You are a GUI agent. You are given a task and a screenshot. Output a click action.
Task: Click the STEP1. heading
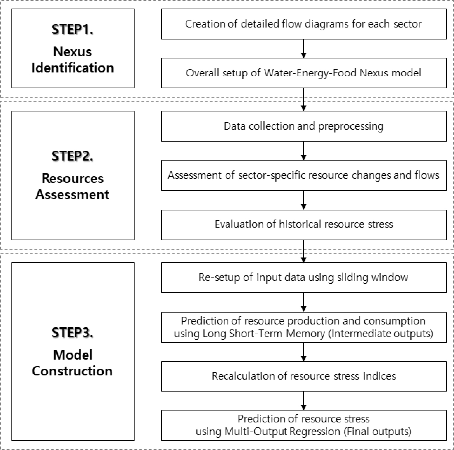click(72, 30)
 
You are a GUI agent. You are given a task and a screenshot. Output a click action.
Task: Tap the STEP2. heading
click(72, 156)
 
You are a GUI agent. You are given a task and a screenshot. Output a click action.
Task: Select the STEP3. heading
click(72, 332)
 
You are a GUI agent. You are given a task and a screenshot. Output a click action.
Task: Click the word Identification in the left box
click(73, 68)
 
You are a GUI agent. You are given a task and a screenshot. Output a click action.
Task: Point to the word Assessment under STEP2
click(72, 194)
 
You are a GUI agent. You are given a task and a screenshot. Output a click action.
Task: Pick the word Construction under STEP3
click(72, 371)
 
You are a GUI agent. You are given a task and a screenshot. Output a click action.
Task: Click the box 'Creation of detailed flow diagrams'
click(304, 24)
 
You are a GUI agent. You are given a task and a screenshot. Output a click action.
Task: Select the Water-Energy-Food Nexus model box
click(304, 73)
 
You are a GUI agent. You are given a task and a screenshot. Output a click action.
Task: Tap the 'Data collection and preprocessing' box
click(304, 126)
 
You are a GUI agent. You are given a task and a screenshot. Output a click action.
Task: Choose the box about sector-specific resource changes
click(304, 175)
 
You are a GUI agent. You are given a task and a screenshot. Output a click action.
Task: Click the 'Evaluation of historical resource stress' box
click(304, 225)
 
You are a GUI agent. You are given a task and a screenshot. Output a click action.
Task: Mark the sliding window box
click(304, 277)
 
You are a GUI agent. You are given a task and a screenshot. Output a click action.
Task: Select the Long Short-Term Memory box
click(304, 327)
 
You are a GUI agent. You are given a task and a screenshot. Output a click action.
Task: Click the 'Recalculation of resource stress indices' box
click(304, 376)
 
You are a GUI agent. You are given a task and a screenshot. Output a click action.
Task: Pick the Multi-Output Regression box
click(304, 425)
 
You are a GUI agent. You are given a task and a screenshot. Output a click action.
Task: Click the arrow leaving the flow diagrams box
click(304, 49)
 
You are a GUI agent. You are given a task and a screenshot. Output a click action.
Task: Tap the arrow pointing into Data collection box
click(304, 100)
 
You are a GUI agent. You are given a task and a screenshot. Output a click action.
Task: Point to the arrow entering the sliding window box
click(304, 251)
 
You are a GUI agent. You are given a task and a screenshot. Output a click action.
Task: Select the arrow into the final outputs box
click(304, 401)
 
